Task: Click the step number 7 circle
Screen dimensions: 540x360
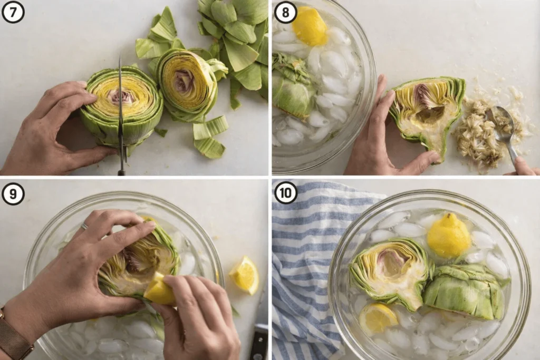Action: pos(13,13)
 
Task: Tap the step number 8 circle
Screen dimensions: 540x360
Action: pos(285,13)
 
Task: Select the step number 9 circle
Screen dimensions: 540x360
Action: pos(13,194)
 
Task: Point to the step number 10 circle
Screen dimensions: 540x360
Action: pos(285,193)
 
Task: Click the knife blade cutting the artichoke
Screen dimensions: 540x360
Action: pos(121,110)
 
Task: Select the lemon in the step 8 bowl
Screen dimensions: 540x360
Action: pos(309,26)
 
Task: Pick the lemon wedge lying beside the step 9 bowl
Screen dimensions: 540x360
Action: pos(245,275)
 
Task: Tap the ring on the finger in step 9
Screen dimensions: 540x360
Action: pos(84,226)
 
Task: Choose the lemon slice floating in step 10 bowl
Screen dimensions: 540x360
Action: pos(378,318)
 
